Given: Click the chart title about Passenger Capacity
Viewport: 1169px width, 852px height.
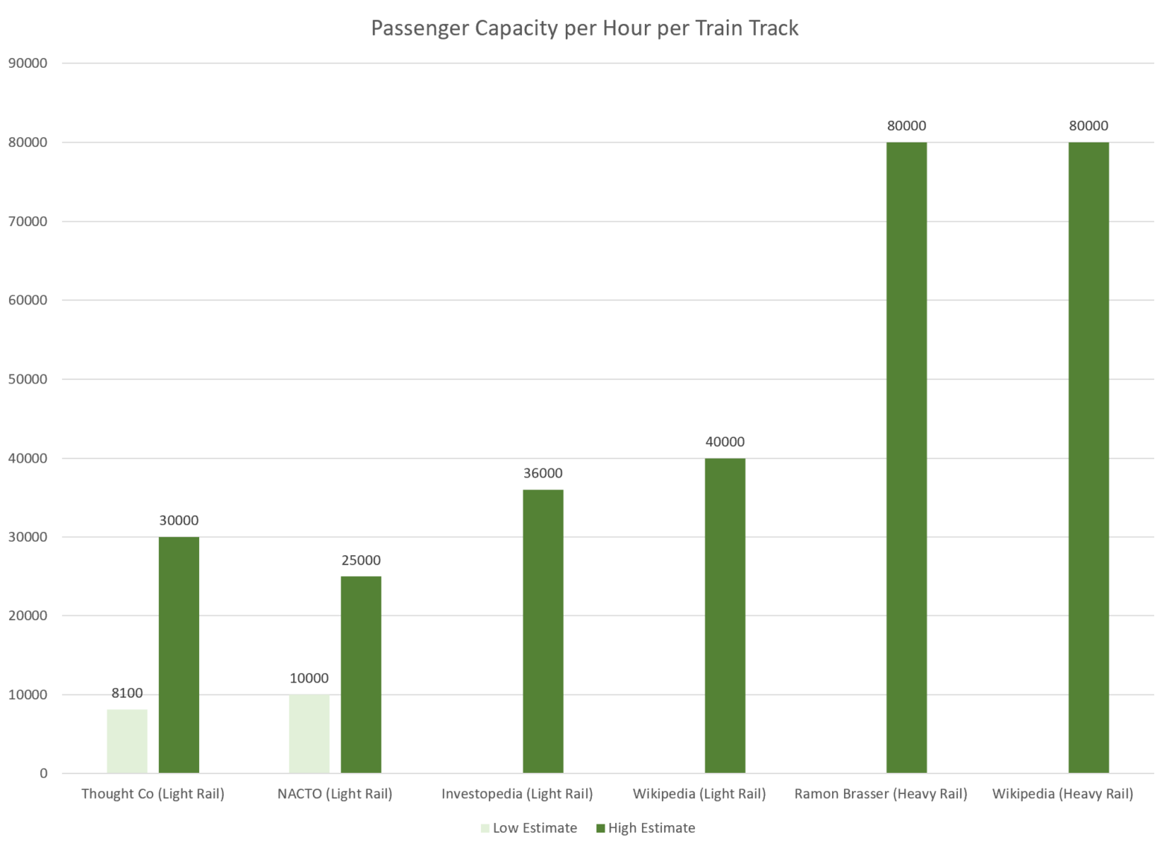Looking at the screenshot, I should click(x=584, y=28).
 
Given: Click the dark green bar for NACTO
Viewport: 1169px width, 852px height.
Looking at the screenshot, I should click(x=361, y=674).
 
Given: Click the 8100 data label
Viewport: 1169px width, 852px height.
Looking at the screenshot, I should click(x=127, y=693).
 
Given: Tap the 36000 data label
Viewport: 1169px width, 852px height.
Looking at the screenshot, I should click(x=543, y=473).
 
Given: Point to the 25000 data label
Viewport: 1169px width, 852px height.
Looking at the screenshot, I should click(x=361, y=560).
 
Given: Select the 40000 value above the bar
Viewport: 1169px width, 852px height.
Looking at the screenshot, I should click(x=725, y=442).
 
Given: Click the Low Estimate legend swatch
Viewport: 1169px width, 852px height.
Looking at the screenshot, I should click(x=485, y=828).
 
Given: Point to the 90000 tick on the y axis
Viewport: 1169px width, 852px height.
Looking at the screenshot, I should click(x=28, y=63).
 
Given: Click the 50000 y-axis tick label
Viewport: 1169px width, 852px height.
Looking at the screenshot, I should click(x=28, y=379).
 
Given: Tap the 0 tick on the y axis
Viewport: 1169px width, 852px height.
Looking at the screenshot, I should click(x=43, y=774).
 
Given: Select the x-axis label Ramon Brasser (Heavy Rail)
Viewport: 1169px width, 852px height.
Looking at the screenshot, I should click(x=880, y=794).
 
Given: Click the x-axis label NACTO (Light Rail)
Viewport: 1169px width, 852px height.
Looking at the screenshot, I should click(x=335, y=794).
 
